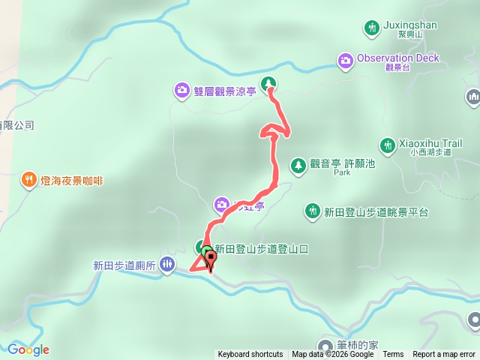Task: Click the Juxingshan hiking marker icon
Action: (x=371, y=28)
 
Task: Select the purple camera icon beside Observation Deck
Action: (x=345, y=59)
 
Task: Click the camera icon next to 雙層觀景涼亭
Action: (x=182, y=91)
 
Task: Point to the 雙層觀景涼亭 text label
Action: (x=225, y=91)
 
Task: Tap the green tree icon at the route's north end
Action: (x=268, y=83)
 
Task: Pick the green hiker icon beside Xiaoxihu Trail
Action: (x=388, y=144)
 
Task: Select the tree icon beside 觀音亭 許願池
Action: (x=298, y=164)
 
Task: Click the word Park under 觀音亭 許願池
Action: (x=342, y=172)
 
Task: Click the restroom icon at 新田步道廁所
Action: (x=166, y=264)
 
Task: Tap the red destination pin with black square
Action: (x=211, y=259)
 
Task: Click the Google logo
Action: (x=28, y=349)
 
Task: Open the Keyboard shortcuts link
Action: (x=250, y=355)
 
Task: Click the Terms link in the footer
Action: (x=393, y=355)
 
